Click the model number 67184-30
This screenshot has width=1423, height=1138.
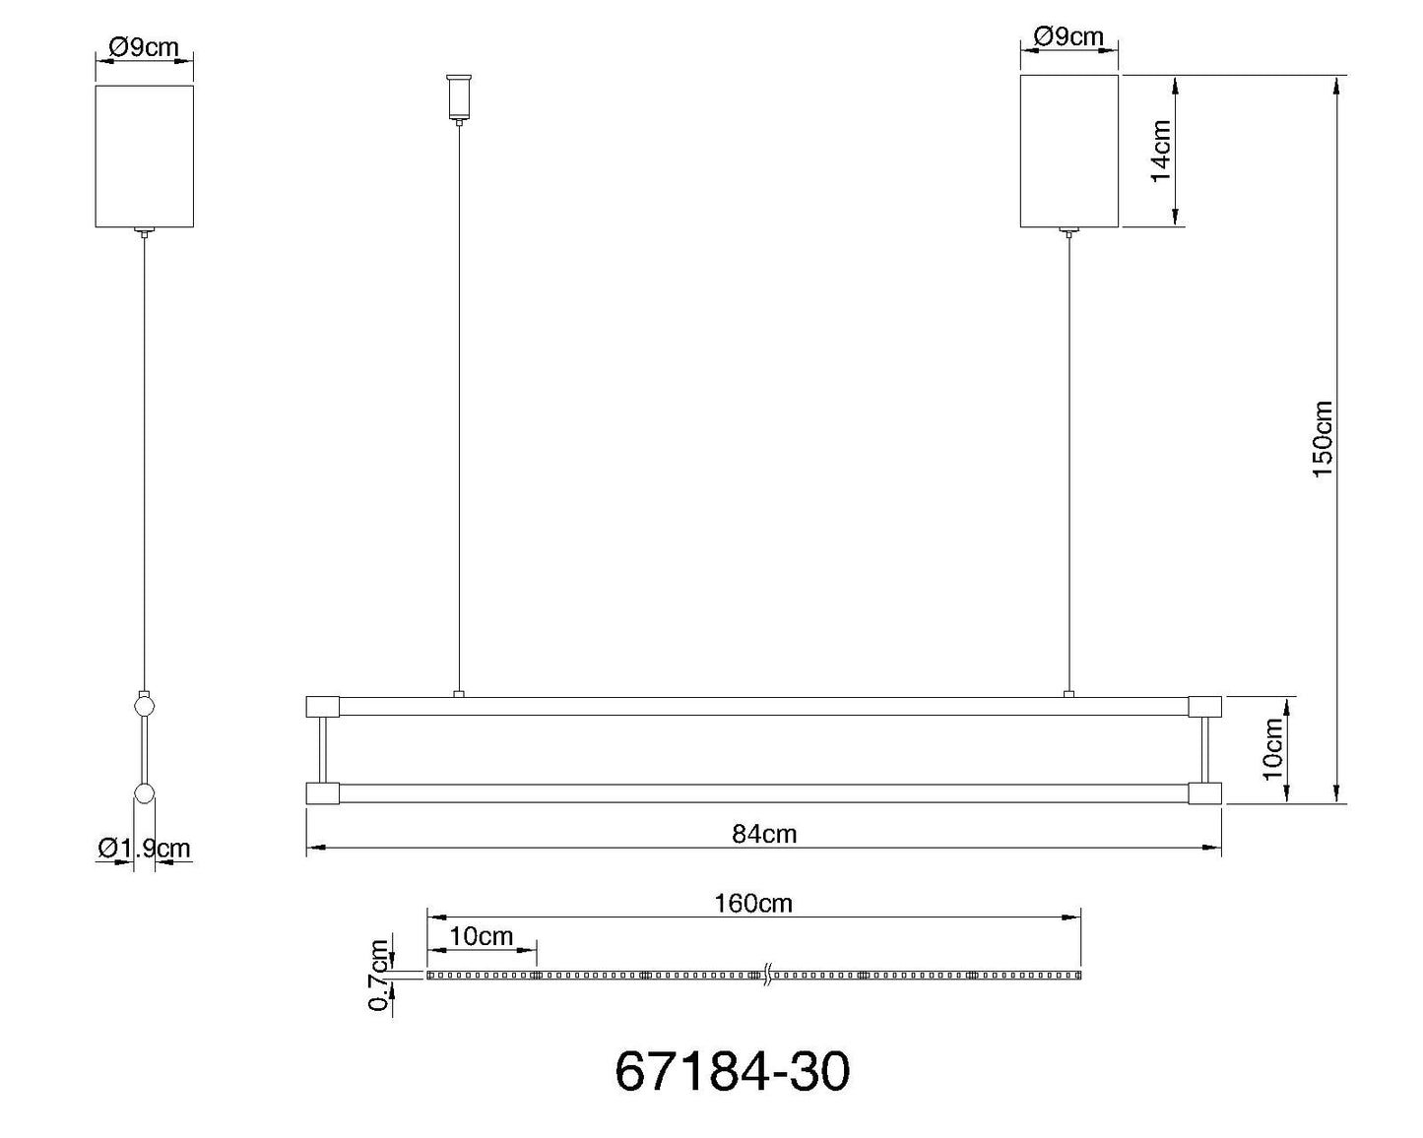click(x=732, y=1072)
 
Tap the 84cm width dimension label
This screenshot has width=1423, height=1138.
click(x=764, y=835)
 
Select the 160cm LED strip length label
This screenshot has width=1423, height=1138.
click(x=753, y=904)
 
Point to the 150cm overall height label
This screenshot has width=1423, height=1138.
click(x=1323, y=438)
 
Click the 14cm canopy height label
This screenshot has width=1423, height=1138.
click(x=1161, y=151)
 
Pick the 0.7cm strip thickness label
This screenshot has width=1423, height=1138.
click(x=379, y=975)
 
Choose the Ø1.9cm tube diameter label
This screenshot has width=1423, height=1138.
click(x=144, y=848)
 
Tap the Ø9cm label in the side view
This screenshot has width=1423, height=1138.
click(x=144, y=47)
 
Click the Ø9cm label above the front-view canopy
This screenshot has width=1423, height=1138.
click(x=1068, y=36)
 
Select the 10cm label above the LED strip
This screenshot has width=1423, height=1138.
click(x=482, y=936)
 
